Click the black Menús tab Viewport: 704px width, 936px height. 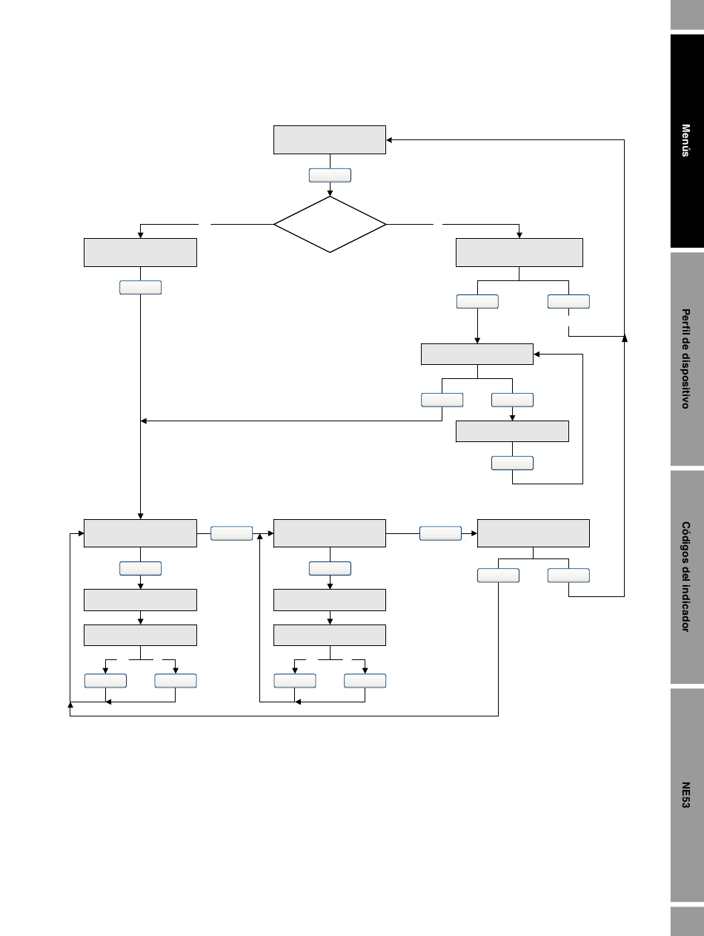[x=687, y=141]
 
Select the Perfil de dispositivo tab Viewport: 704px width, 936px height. [x=687, y=359]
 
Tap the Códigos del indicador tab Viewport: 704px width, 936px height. [x=687, y=577]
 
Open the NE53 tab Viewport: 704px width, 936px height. [x=687, y=795]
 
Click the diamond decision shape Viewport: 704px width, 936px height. [x=330, y=224]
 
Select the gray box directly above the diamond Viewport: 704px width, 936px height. [x=330, y=140]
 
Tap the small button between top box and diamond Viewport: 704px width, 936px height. [x=330, y=175]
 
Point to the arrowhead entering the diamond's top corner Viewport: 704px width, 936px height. [x=330, y=194]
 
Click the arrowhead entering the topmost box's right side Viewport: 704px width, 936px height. [x=389, y=140]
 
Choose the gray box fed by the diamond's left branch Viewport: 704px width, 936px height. [x=141, y=252]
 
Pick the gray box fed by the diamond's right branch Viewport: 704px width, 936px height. [x=519, y=252]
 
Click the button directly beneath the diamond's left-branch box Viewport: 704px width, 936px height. [x=141, y=288]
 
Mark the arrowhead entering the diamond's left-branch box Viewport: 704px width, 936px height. [x=141, y=235]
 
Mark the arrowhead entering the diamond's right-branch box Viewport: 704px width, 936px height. [x=519, y=235]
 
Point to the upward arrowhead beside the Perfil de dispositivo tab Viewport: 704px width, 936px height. [x=625, y=339]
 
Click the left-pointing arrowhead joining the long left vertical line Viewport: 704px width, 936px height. [x=144, y=421]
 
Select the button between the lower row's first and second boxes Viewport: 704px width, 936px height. [x=232, y=533]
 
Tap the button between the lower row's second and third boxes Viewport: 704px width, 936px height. [x=440, y=533]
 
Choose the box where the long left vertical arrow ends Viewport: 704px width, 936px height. [x=141, y=533]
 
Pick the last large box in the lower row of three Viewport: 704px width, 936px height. [x=534, y=533]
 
